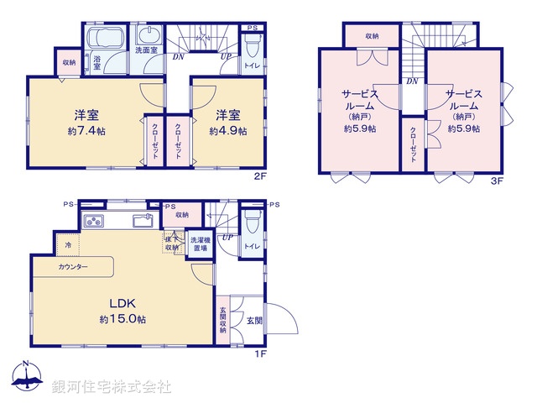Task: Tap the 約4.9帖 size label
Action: [227, 131]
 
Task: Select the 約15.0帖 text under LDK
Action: [123, 320]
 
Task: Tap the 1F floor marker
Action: [260, 353]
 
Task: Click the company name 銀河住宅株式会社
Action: [112, 387]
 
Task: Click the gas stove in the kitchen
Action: [92, 222]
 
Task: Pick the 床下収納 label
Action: [172, 243]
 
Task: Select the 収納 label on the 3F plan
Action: [371, 36]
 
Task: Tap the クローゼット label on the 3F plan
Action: [414, 148]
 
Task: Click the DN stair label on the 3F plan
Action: [411, 81]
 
